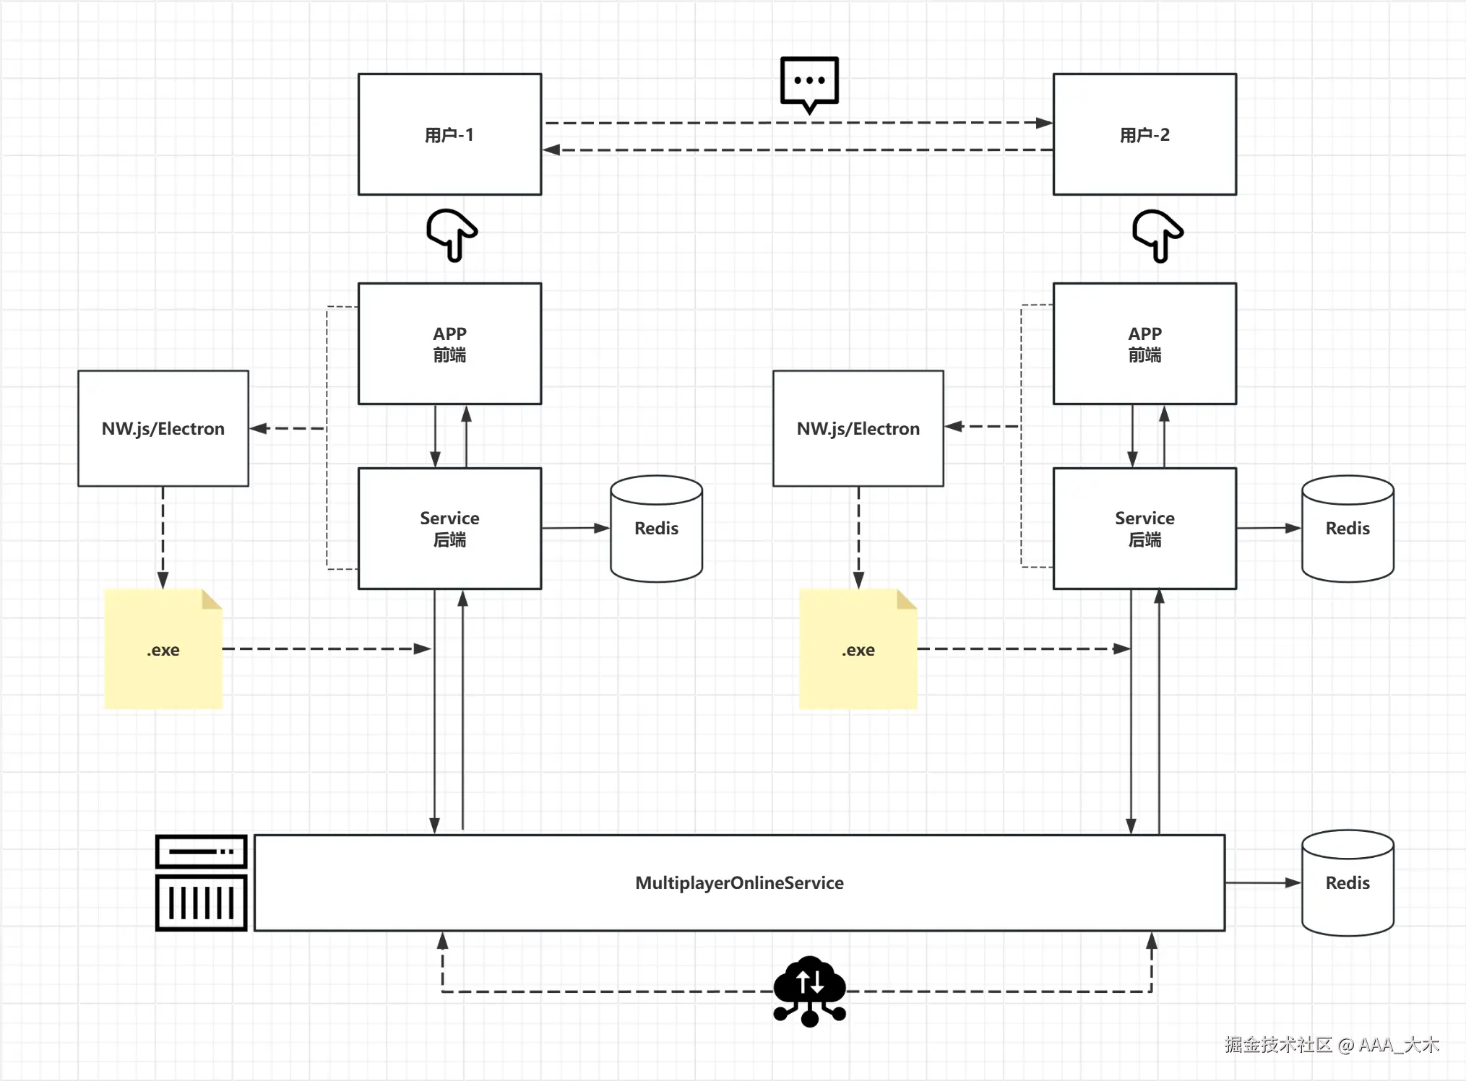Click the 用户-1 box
[449, 134]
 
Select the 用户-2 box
[1144, 134]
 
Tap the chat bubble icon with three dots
[809, 82]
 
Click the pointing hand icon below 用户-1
[452, 235]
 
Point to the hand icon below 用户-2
[1157, 235]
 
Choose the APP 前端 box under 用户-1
[449, 344]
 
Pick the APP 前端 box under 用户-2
[1144, 344]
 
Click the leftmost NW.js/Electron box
[163, 428]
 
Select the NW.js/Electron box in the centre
[858, 428]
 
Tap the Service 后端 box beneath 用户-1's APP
[449, 529]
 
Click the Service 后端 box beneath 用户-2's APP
[1144, 529]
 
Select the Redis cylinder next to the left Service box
[656, 529]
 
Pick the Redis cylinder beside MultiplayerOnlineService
[1348, 882]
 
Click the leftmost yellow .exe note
[163, 649]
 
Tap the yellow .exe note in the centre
[858, 649]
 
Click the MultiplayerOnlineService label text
[739, 882]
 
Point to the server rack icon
[202, 882]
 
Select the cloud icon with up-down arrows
[809, 989]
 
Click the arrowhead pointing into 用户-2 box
[1044, 123]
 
